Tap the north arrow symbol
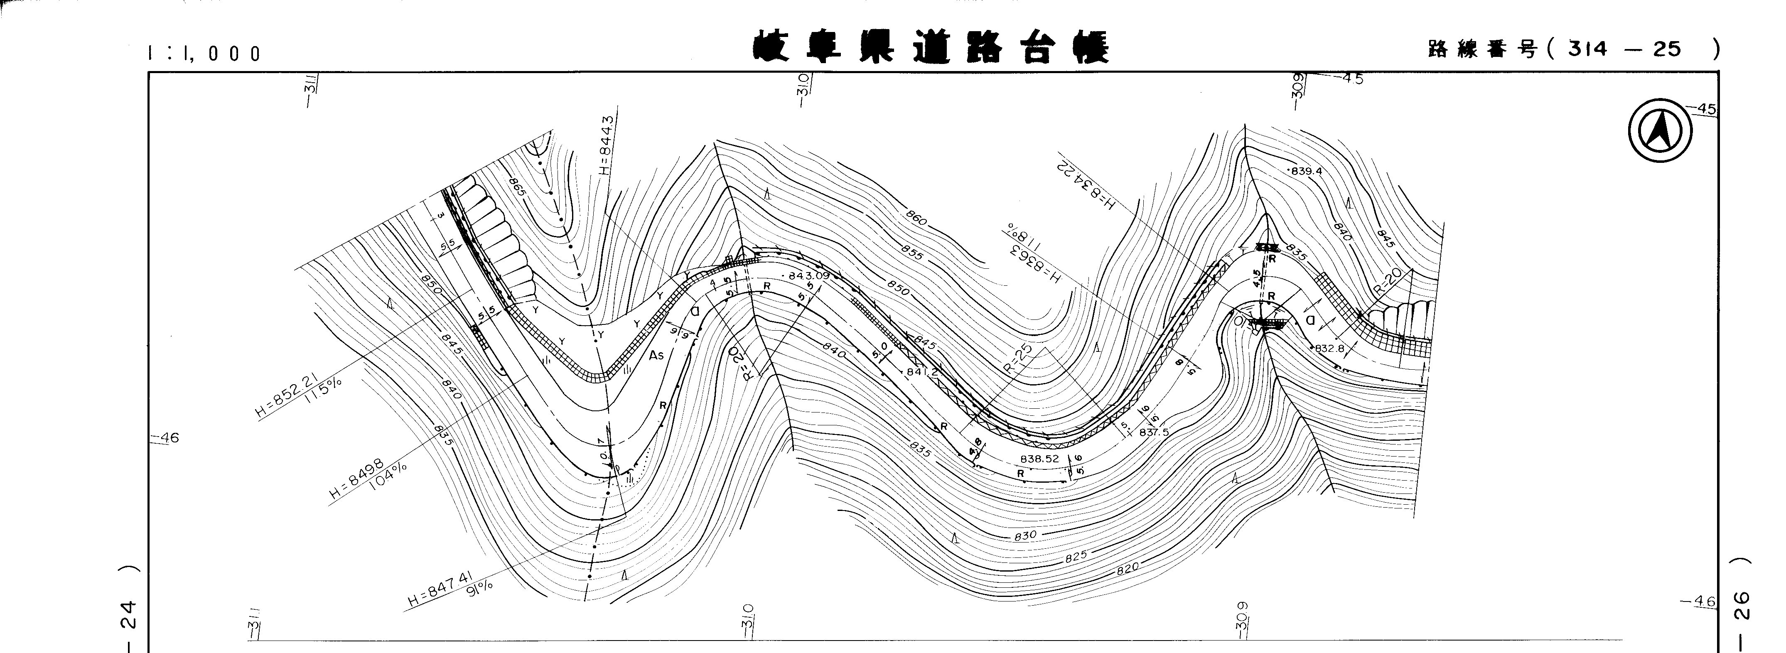[1659, 132]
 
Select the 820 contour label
[1128, 568]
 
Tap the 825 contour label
[1076, 555]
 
